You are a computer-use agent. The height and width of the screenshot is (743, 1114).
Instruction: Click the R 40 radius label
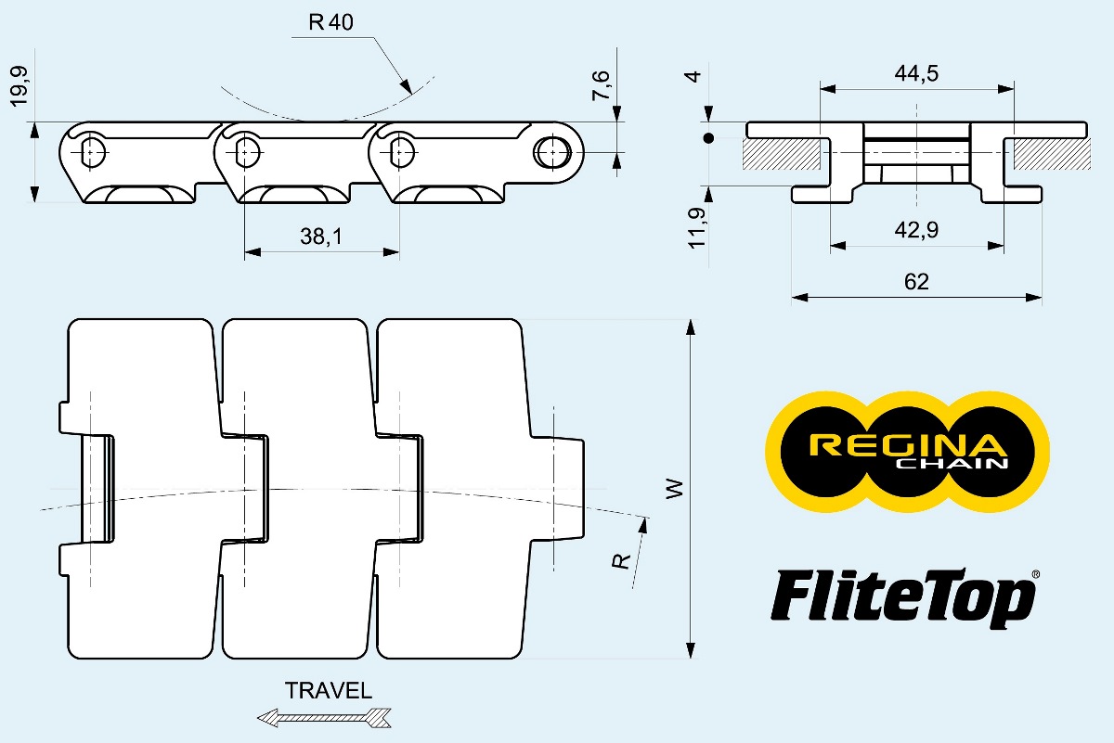(x=330, y=23)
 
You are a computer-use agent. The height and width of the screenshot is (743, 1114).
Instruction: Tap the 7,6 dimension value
(x=602, y=85)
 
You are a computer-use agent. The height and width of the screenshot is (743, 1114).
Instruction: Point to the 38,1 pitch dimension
(x=320, y=237)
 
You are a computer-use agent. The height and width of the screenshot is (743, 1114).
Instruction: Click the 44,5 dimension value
(x=915, y=74)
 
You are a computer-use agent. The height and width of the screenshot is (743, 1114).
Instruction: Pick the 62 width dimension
(x=915, y=282)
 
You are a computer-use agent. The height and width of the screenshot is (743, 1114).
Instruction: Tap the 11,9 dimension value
(x=698, y=227)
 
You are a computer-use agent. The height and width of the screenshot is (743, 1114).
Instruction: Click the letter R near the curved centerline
(x=624, y=559)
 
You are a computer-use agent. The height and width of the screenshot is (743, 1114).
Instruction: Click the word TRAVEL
(x=329, y=691)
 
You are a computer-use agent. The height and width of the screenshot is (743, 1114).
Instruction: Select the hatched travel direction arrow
(x=324, y=717)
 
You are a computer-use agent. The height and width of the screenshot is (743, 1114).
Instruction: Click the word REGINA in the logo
(x=907, y=446)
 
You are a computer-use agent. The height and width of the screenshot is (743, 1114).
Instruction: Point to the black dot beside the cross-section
(x=708, y=139)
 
